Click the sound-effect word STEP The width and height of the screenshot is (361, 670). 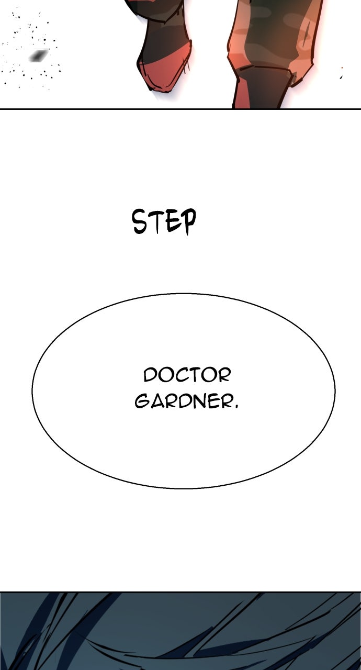(164, 222)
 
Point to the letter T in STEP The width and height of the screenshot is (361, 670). (156, 222)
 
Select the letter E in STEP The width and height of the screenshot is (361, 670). (171, 222)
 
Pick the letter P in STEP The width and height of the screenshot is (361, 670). (187, 221)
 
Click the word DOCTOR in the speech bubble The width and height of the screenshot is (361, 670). (187, 375)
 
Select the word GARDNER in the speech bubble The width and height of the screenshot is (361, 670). (183, 401)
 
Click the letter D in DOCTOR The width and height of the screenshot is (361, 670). (150, 375)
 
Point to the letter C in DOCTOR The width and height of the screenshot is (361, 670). (180, 375)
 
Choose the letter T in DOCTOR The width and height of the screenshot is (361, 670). (194, 375)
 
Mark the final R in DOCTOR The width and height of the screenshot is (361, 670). (224, 375)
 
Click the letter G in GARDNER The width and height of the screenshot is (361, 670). (142, 401)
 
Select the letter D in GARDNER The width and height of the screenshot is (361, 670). (186, 401)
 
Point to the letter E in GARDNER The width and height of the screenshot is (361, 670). (215, 401)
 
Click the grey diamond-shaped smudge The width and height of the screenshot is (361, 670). (39, 55)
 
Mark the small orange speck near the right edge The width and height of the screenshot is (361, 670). (342, 69)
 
